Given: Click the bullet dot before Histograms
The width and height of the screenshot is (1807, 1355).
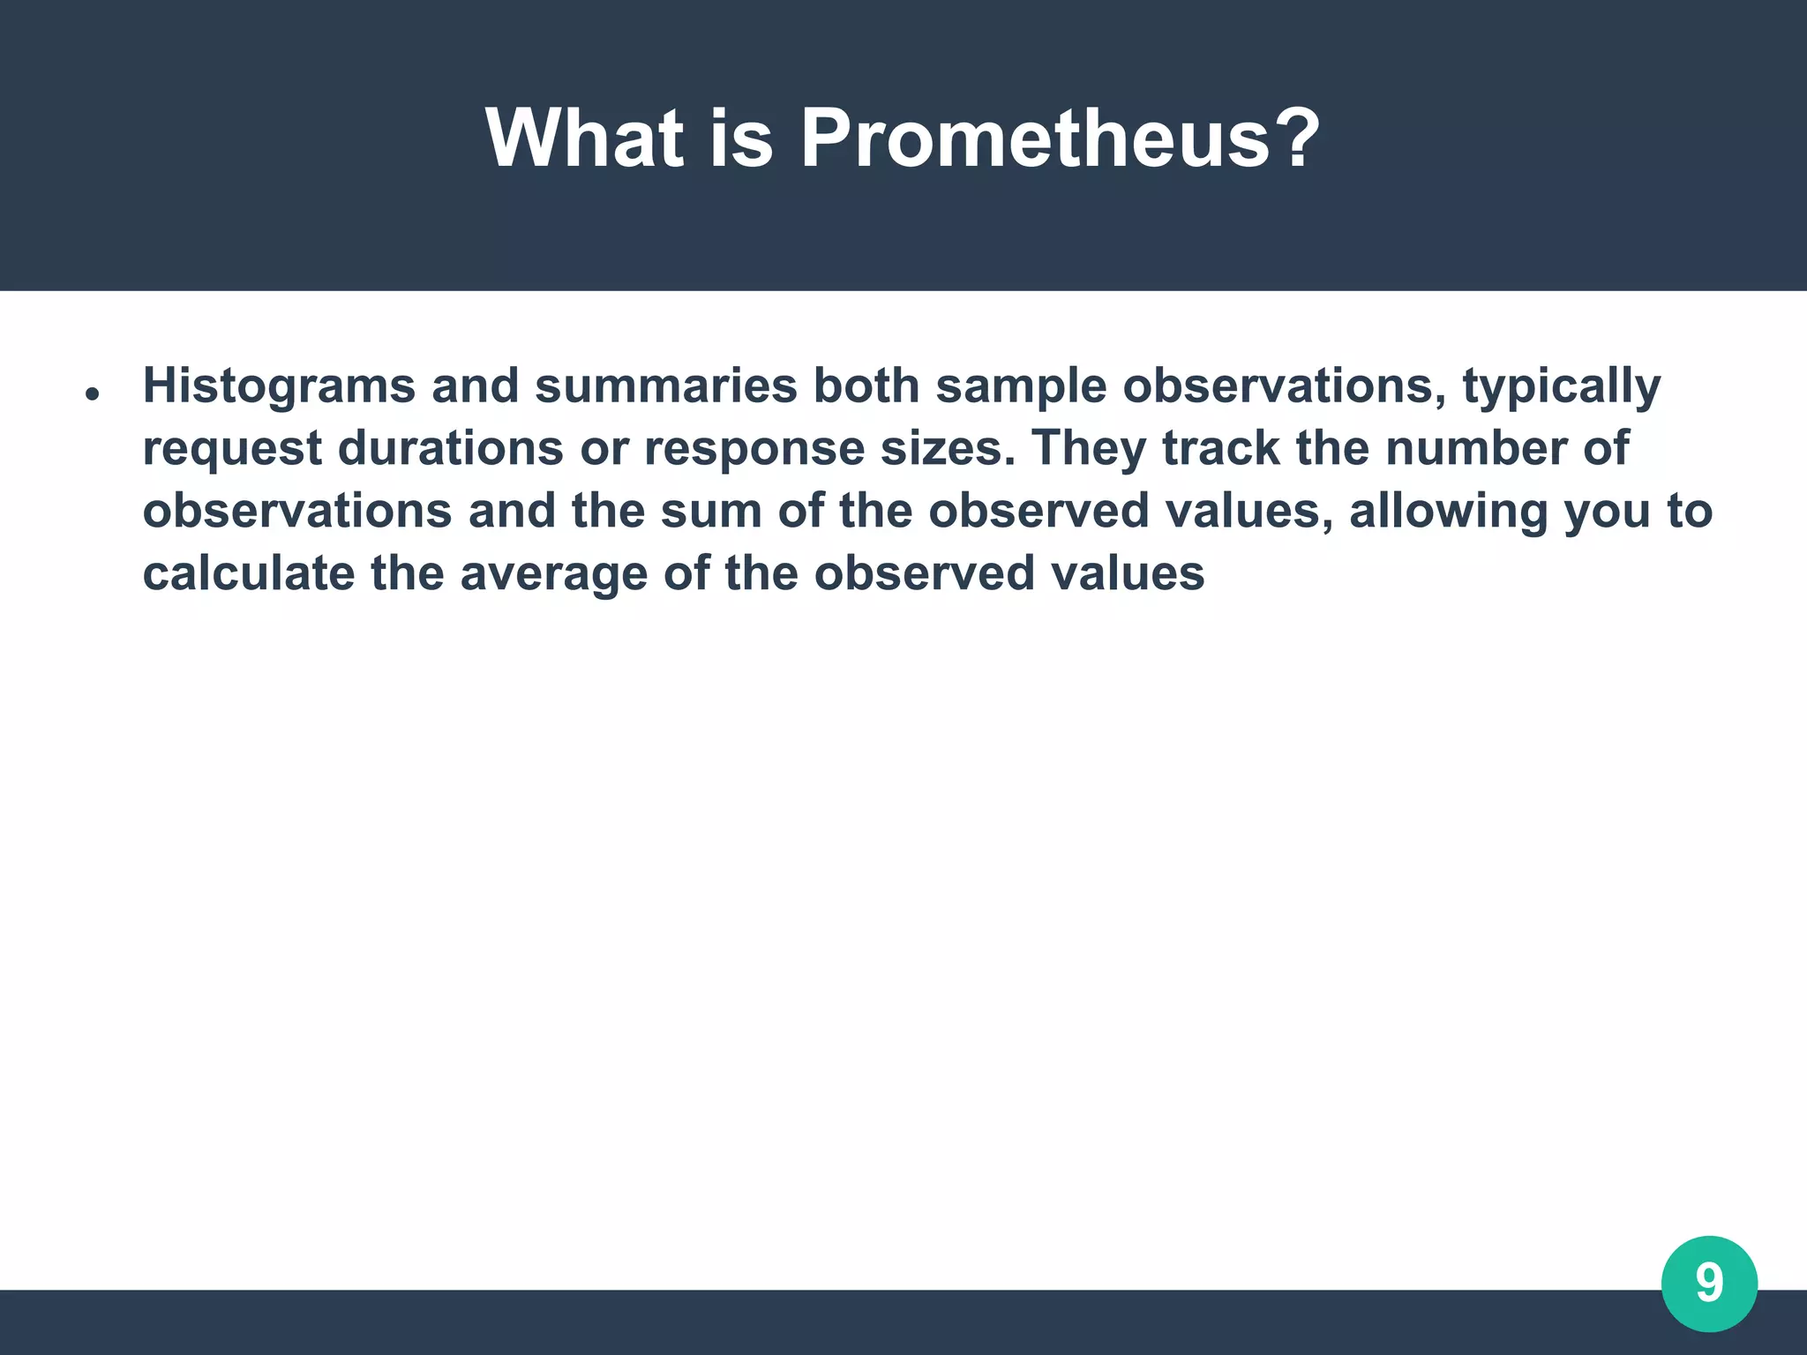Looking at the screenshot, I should click(x=91, y=394).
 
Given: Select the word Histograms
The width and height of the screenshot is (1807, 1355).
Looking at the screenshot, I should click(x=279, y=386).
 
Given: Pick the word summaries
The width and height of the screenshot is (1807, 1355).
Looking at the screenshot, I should click(x=665, y=386).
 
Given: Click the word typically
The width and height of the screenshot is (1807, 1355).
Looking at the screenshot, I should click(x=1562, y=386).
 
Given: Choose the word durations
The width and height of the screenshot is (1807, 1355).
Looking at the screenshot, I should click(x=450, y=448).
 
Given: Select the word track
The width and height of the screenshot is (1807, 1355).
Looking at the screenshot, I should click(x=1220, y=448).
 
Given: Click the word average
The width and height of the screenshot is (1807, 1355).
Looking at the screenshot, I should click(x=553, y=574).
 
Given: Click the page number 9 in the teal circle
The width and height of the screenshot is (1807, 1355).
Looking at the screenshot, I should click(x=1709, y=1284).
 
